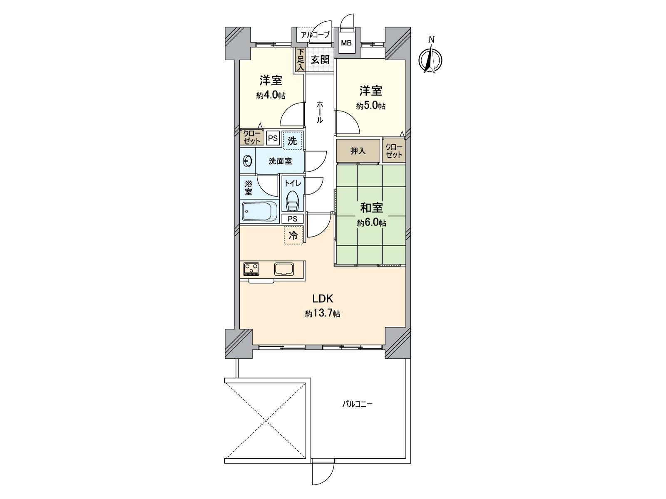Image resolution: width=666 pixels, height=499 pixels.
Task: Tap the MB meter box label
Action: coord(346,43)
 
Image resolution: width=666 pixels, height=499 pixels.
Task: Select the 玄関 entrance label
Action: coord(320,60)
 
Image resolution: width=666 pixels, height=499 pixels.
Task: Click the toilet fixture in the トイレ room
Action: coord(293,200)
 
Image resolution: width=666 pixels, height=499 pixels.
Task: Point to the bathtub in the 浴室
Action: coord(260,212)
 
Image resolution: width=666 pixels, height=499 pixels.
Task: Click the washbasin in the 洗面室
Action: coord(248,161)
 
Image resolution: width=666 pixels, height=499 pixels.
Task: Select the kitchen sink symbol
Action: coord(284,269)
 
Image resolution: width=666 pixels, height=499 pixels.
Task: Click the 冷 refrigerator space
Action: coord(293,235)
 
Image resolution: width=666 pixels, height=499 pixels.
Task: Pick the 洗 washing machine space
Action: coord(293,141)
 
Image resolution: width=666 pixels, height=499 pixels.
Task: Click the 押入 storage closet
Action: coord(358,151)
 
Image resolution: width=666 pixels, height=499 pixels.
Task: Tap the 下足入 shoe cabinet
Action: coord(301,59)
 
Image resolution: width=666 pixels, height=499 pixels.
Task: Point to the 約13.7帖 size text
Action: coord(323,314)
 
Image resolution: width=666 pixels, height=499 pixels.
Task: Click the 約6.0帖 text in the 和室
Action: coord(371,223)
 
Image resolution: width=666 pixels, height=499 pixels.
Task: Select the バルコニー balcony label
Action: coord(357,404)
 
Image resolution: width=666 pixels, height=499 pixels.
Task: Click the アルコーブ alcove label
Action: coord(315,35)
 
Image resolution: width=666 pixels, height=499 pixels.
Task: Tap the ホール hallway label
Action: coord(320,112)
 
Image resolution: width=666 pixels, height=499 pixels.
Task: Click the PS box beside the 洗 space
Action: coord(273,138)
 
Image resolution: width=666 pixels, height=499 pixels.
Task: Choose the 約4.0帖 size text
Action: coord(271,96)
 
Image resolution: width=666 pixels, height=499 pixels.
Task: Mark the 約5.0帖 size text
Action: coord(371,106)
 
